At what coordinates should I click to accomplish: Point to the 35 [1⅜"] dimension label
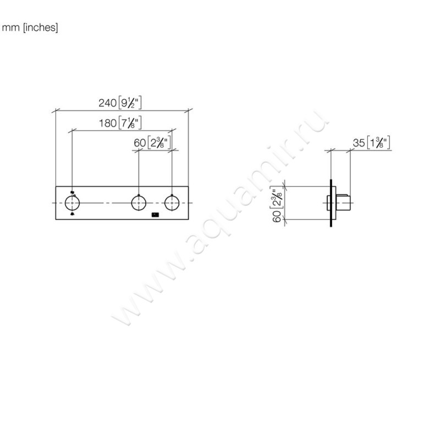pyautogui.click(x=371, y=143)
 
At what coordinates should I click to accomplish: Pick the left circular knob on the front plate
pyautogui.click(x=72, y=203)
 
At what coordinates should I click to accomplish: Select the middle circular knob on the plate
pyautogui.click(x=139, y=203)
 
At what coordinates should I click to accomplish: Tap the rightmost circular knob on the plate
pyautogui.click(x=172, y=203)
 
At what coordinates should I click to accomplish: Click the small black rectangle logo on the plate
pyautogui.click(x=155, y=215)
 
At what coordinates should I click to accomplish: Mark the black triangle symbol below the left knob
pyautogui.click(x=72, y=215)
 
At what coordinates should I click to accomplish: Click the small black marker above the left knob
pyautogui.click(x=72, y=191)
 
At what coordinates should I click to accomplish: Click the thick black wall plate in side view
pyautogui.click(x=331, y=203)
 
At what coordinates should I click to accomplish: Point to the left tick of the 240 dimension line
pyautogui.click(x=55, y=111)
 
